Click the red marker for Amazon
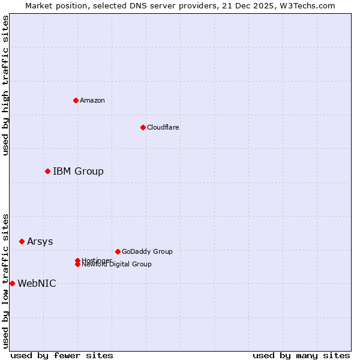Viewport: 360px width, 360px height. (x=76, y=100)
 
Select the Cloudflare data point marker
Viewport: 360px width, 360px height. (x=143, y=127)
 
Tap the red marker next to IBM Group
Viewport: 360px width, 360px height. (x=47, y=172)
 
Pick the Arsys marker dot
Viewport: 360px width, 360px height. (x=22, y=241)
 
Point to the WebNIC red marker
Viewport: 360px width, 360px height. (x=12, y=283)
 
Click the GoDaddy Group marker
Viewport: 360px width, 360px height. (x=118, y=251)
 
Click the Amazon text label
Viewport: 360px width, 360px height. (x=92, y=100)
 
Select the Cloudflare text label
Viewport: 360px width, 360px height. (x=163, y=127)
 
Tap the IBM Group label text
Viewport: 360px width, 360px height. (x=78, y=172)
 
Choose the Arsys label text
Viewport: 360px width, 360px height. (x=40, y=241)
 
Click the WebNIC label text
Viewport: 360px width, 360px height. (x=37, y=283)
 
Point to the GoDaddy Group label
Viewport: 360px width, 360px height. (x=146, y=251)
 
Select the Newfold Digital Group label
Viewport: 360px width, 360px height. (x=116, y=264)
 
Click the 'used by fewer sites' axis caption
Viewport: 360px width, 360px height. (x=62, y=355)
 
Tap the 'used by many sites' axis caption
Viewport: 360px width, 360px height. (x=301, y=355)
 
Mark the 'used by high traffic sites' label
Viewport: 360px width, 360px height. (x=5, y=85)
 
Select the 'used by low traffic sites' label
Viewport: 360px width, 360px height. (x=5, y=280)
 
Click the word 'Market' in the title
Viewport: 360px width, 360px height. (x=38, y=5)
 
